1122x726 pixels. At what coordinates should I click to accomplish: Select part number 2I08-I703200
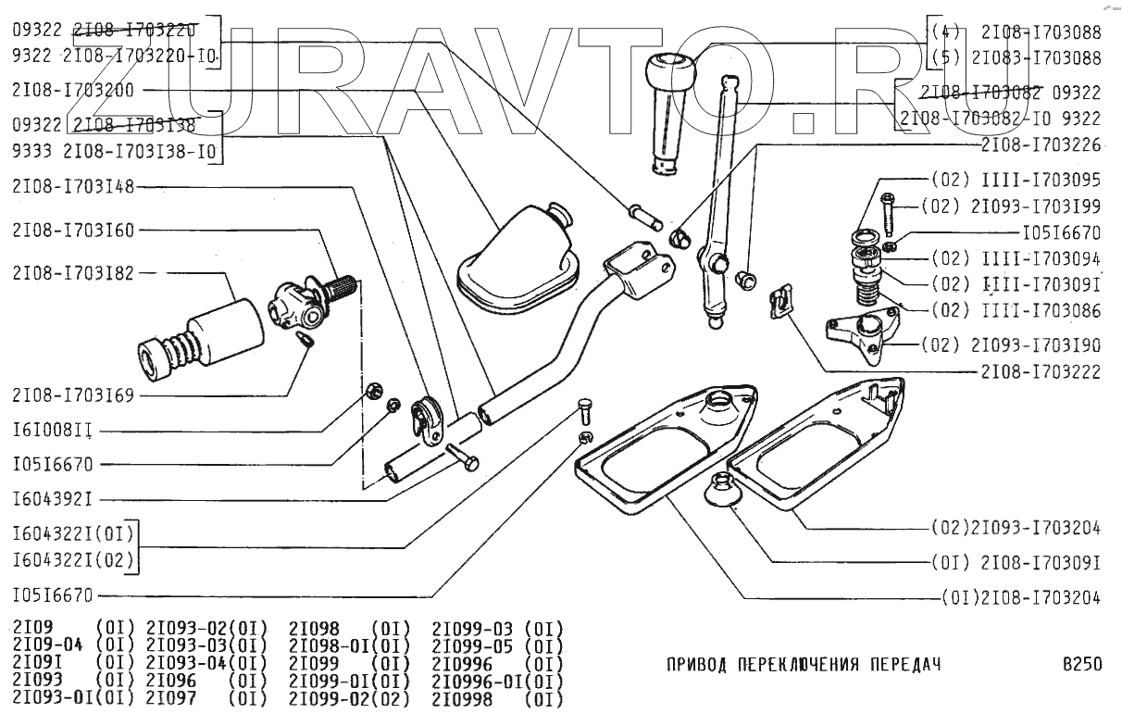[73, 92]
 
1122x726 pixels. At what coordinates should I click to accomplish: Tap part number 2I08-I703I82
[73, 273]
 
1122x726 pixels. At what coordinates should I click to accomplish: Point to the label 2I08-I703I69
[73, 396]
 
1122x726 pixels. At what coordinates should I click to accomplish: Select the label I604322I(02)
[73, 560]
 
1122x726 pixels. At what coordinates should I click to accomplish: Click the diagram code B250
[1081, 665]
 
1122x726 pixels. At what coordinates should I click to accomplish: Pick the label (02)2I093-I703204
[1016, 529]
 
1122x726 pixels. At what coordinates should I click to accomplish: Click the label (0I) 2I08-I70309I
[1016, 562]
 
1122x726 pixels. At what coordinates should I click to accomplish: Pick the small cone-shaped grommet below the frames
[721, 490]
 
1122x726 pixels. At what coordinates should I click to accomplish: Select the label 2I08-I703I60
[73, 230]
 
